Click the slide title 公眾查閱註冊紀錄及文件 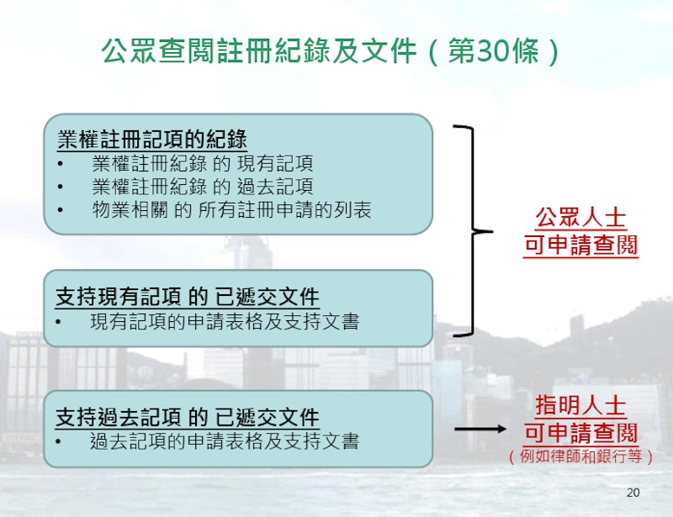pos(259,51)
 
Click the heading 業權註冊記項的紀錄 pos(152,139)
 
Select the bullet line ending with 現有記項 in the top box pos(202,163)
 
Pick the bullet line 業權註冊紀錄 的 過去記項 pos(202,187)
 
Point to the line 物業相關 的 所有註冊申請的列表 pos(231,210)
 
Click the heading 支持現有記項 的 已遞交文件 pos(188,297)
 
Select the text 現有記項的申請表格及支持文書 pos(225,322)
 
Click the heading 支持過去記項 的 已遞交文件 pos(188,417)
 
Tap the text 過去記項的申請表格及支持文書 pos(225,441)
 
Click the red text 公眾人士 pos(580,218)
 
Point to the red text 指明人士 pos(580,406)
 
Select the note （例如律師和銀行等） pos(580,456)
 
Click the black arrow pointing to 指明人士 pos(480,429)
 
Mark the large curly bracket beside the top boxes pos(474,231)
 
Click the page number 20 pos(633,493)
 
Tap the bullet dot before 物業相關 pos(60,210)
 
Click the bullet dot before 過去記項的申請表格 pos(58,441)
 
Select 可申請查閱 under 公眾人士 pos(580,245)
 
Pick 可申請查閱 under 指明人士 pos(580,432)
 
